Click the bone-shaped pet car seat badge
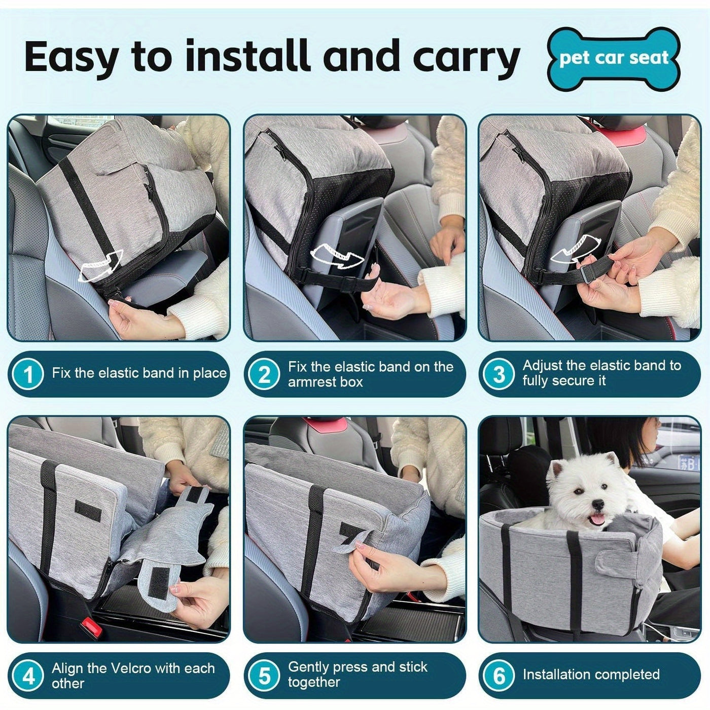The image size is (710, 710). (x=614, y=59)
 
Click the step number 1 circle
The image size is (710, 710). (x=28, y=374)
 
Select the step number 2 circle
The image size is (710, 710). (x=264, y=374)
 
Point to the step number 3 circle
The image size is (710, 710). (x=499, y=374)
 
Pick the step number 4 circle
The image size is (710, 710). (x=28, y=676)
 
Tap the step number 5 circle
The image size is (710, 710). (x=264, y=676)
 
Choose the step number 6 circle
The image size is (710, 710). (x=499, y=676)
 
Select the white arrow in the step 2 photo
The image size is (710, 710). (x=336, y=257)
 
